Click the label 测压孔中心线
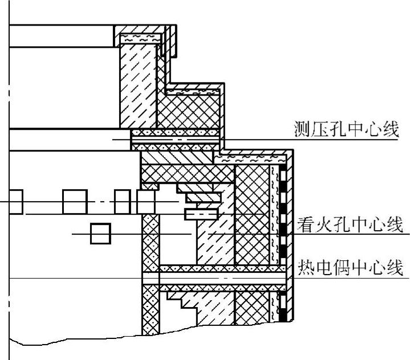click(x=346, y=130)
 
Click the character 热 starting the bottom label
click(x=306, y=268)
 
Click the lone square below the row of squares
click(x=100, y=234)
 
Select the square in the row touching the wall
click(x=147, y=201)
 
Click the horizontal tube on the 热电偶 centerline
click(x=222, y=278)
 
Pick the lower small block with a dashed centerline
click(x=201, y=214)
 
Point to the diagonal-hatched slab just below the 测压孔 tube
click(x=177, y=156)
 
